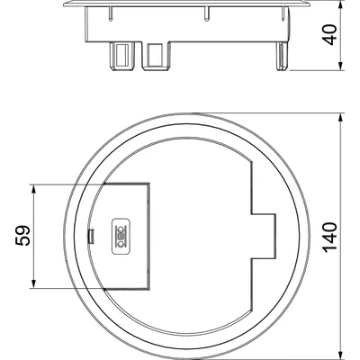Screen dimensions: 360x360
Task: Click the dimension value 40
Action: tap(331, 35)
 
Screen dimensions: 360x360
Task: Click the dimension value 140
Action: tap(330, 237)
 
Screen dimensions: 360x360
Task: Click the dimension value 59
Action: tap(22, 236)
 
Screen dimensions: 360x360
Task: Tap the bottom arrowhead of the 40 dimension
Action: tap(340, 67)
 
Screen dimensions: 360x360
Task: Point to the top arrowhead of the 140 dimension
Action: tap(340, 118)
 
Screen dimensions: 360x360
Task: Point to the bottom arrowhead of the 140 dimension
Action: tap(340, 355)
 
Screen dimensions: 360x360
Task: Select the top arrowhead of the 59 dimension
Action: tap(34, 189)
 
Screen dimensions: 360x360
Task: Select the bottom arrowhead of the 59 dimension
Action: tap(34, 283)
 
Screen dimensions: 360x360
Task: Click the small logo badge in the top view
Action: tap(121, 237)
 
